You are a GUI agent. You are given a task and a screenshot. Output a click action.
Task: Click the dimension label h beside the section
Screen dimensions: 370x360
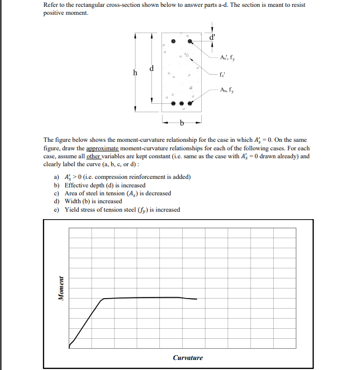click(137, 74)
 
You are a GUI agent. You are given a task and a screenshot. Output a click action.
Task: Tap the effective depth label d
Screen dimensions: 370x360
click(152, 68)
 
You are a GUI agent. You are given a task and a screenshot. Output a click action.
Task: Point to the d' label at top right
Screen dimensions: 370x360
click(213, 38)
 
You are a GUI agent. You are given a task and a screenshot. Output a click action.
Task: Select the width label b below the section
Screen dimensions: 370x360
click(182, 123)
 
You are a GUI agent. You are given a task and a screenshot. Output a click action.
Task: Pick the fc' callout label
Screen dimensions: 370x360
click(223, 74)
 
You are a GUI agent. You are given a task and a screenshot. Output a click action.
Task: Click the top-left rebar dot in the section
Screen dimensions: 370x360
click(173, 41)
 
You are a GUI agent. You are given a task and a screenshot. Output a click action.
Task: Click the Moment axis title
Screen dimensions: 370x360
click(61, 288)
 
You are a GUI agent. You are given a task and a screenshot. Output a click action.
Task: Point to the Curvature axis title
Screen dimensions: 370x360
click(187, 358)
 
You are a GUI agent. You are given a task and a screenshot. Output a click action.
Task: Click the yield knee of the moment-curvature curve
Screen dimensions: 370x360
click(102, 299)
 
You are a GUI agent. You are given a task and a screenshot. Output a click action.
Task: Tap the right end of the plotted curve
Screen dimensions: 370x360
click(197, 299)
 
